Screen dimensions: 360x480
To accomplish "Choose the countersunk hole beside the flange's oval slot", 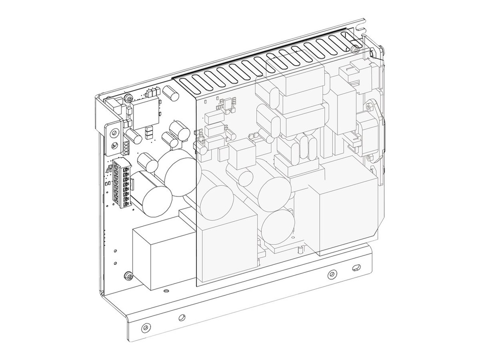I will coord(332,274).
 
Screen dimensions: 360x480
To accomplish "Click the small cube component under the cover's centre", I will coord(242,155).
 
